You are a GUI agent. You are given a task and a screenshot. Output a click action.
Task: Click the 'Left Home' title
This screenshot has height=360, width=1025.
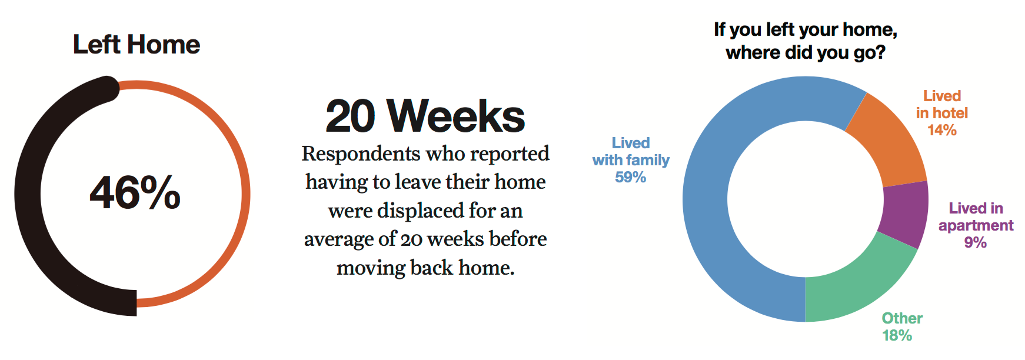pos(137,45)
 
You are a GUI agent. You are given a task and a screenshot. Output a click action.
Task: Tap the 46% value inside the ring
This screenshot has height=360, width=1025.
pos(135,193)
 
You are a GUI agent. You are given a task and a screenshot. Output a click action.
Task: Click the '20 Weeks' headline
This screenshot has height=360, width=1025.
pos(425,116)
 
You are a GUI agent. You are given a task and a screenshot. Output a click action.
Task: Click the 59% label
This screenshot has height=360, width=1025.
pos(631,177)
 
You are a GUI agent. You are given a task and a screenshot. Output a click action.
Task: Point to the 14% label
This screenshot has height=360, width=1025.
pos(942,130)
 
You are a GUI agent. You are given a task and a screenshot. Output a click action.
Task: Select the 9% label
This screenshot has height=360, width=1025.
pos(976,242)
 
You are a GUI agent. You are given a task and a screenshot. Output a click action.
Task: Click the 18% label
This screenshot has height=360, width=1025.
pos(897,335)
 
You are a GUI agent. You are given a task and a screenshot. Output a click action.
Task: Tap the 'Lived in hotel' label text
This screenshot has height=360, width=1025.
pos(942,104)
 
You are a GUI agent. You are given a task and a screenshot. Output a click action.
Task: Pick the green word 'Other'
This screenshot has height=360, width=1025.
pos(902,318)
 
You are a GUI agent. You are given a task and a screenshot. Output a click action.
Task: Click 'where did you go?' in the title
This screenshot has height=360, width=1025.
pos(806,53)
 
